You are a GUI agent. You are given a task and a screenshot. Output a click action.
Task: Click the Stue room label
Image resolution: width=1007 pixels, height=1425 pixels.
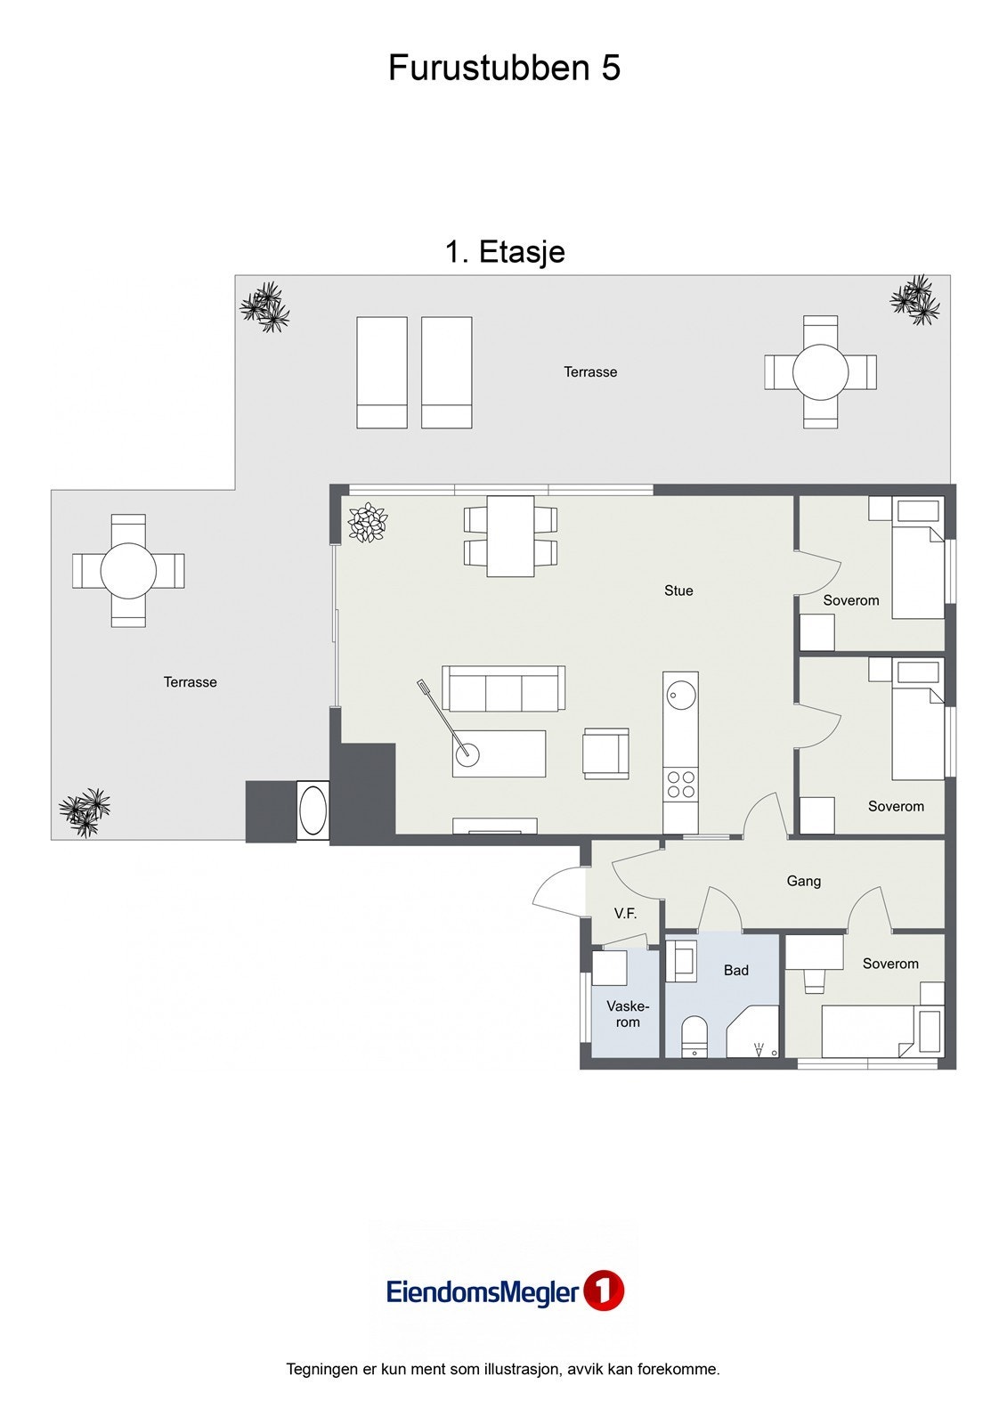pos(678,590)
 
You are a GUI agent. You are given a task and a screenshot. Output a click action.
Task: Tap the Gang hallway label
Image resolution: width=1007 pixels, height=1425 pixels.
pos(803,881)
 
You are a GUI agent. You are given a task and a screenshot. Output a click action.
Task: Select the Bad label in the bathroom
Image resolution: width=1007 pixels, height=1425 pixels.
pos(735,970)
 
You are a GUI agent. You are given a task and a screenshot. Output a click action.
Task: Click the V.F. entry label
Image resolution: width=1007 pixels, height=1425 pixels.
pos(625,914)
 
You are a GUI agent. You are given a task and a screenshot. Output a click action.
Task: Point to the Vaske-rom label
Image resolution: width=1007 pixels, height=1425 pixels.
pos(627,1014)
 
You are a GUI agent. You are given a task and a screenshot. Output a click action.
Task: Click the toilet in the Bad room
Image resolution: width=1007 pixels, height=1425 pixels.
pos(694,1036)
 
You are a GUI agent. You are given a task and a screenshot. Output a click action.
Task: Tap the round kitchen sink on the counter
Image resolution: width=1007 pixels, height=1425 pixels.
pos(680,694)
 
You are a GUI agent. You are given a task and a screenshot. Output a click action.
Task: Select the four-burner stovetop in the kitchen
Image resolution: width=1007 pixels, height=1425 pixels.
pos(680,784)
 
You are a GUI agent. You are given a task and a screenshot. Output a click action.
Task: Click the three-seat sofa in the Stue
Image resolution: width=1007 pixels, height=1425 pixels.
pos(503,688)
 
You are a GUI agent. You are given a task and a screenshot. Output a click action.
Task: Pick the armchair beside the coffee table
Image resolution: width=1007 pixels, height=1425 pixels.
pos(605,753)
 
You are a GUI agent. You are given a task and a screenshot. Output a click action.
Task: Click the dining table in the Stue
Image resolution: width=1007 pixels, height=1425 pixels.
pos(510,536)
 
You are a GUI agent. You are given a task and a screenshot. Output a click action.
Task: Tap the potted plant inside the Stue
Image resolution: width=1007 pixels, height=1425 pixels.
pos(368,522)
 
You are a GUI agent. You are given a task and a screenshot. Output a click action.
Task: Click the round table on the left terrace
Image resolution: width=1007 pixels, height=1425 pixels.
pos(128,571)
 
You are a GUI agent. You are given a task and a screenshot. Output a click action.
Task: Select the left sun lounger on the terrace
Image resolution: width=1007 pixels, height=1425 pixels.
pos(382,372)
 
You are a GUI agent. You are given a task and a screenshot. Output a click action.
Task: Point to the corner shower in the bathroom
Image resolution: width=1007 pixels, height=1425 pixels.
pos(753,1031)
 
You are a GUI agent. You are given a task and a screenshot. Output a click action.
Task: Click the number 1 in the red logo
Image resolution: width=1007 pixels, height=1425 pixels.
pos(604,1291)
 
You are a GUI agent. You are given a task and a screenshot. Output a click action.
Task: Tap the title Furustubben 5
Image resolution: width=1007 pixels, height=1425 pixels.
pos(504,68)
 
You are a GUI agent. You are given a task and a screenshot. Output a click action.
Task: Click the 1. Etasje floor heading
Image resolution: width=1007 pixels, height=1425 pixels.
pos(505,252)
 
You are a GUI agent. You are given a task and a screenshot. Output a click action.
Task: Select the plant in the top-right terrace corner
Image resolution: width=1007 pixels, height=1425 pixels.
pos(915,299)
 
